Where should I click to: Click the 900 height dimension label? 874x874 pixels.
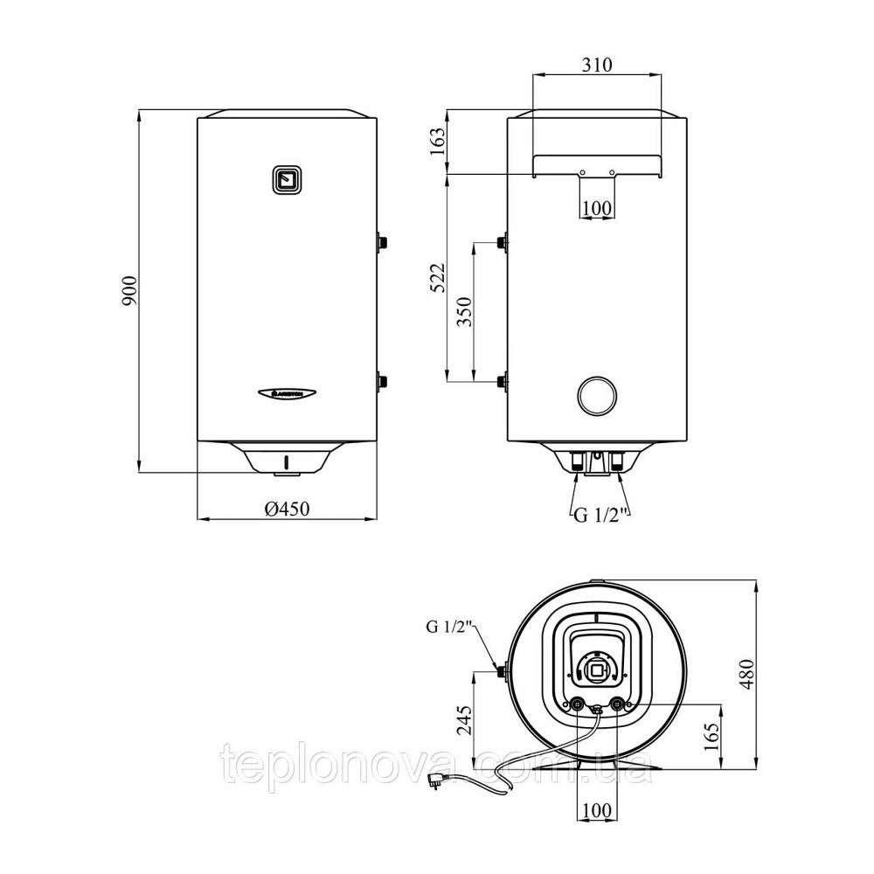coord(129,290)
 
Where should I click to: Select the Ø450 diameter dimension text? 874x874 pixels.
coord(287,509)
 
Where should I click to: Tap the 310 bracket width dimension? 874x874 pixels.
coord(597,66)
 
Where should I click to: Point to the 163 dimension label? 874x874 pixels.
coord(438,142)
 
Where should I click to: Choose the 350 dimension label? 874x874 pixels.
coord(464,312)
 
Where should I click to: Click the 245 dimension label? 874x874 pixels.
coord(464,721)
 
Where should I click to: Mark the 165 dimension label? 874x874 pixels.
coord(711,737)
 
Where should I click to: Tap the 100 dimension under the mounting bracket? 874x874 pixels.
coord(597,209)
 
